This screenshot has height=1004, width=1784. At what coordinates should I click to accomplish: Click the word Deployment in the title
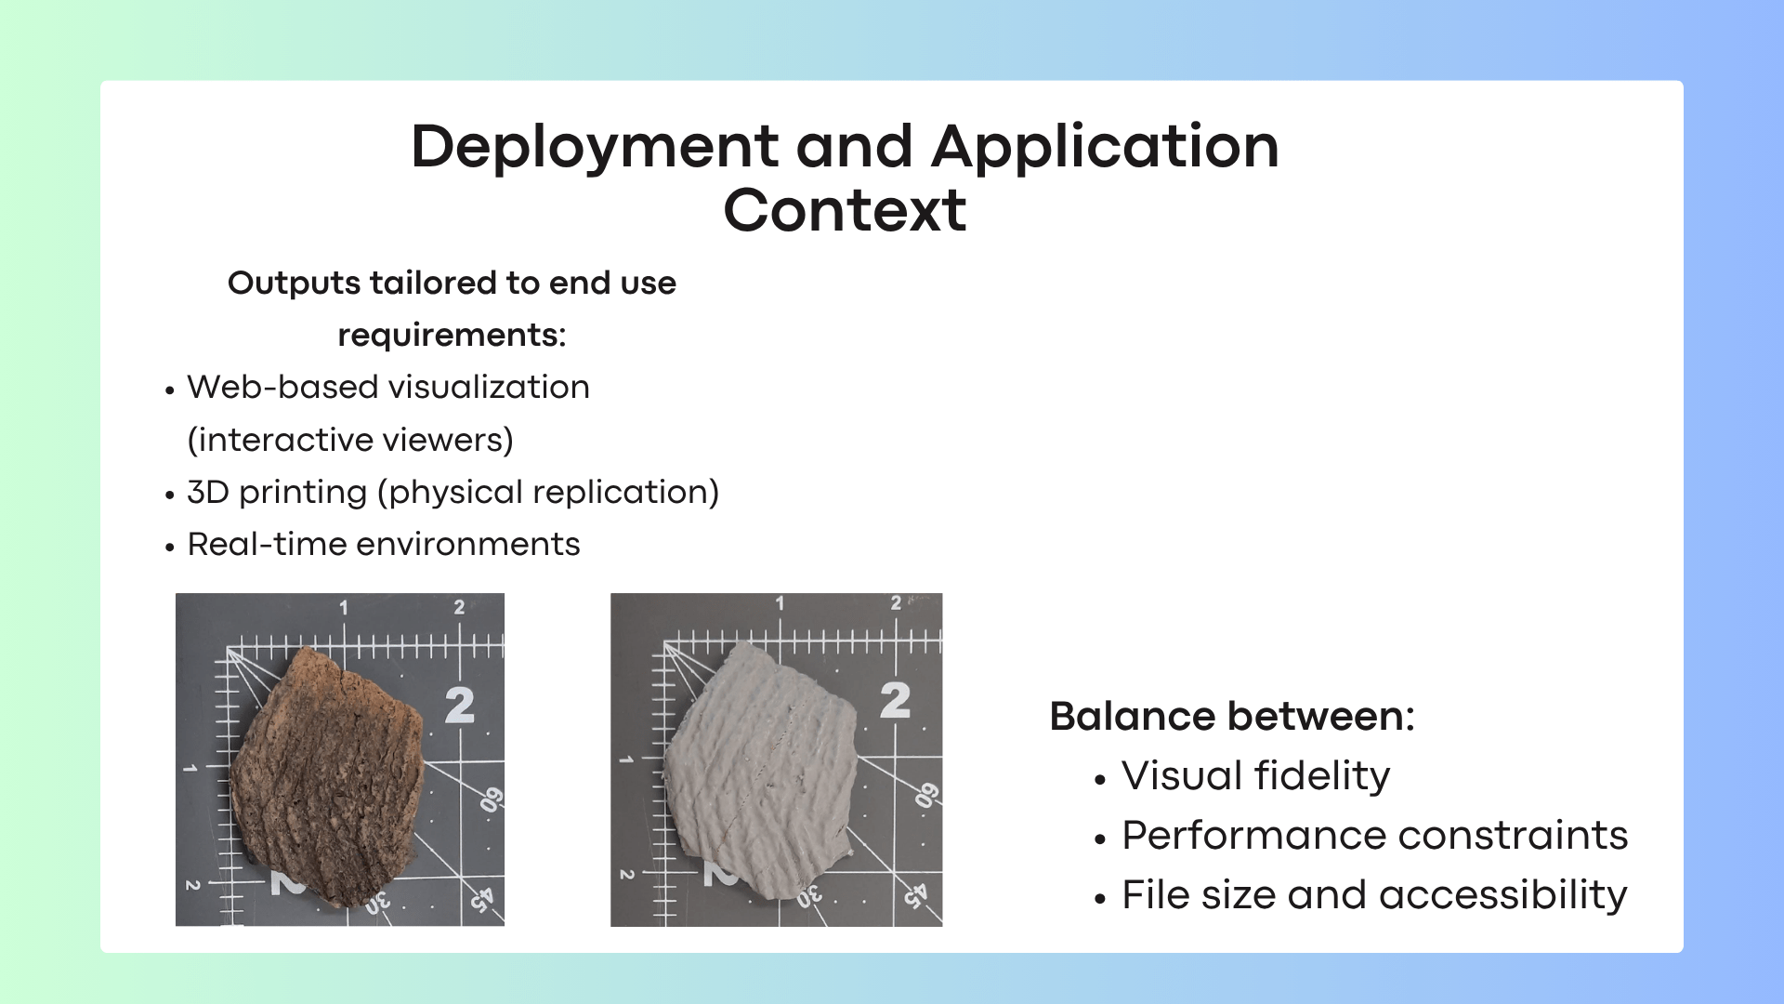click(x=595, y=147)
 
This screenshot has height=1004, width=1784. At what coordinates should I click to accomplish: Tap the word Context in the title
click(x=845, y=210)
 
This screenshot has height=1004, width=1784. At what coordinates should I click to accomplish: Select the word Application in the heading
click(x=1105, y=147)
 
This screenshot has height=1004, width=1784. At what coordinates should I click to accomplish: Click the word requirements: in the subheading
click(x=452, y=335)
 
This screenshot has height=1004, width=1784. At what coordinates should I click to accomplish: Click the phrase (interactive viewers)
click(x=350, y=440)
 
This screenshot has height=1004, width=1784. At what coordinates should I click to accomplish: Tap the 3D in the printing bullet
click(x=207, y=492)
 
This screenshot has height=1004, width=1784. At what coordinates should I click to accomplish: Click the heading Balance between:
click(x=1231, y=717)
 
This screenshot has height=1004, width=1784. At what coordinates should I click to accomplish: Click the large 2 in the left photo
click(x=459, y=705)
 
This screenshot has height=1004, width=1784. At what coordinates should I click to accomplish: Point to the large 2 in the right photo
click(x=895, y=700)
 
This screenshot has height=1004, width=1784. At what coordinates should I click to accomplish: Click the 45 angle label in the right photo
click(x=915, y=894)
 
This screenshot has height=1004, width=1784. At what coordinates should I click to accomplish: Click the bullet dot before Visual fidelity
click(x=1100, y=780)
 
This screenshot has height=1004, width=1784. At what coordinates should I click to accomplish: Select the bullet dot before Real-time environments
click(x=169, y=548)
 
